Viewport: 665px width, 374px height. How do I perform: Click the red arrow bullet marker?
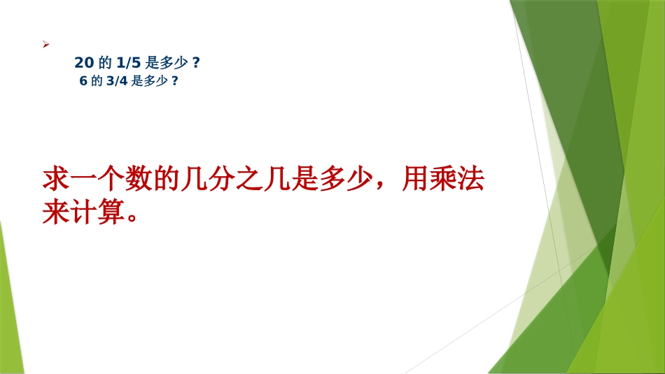45,44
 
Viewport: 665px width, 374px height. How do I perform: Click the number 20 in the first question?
83,63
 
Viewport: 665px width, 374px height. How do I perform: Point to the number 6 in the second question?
83,80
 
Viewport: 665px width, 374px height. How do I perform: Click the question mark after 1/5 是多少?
196,63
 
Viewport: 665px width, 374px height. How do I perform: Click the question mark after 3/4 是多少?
174,80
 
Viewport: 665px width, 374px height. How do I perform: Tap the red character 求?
55,181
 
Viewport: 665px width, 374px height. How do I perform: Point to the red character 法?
472,181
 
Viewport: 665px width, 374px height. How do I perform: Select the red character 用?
413,181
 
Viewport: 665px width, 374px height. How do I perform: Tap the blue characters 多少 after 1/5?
174,63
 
